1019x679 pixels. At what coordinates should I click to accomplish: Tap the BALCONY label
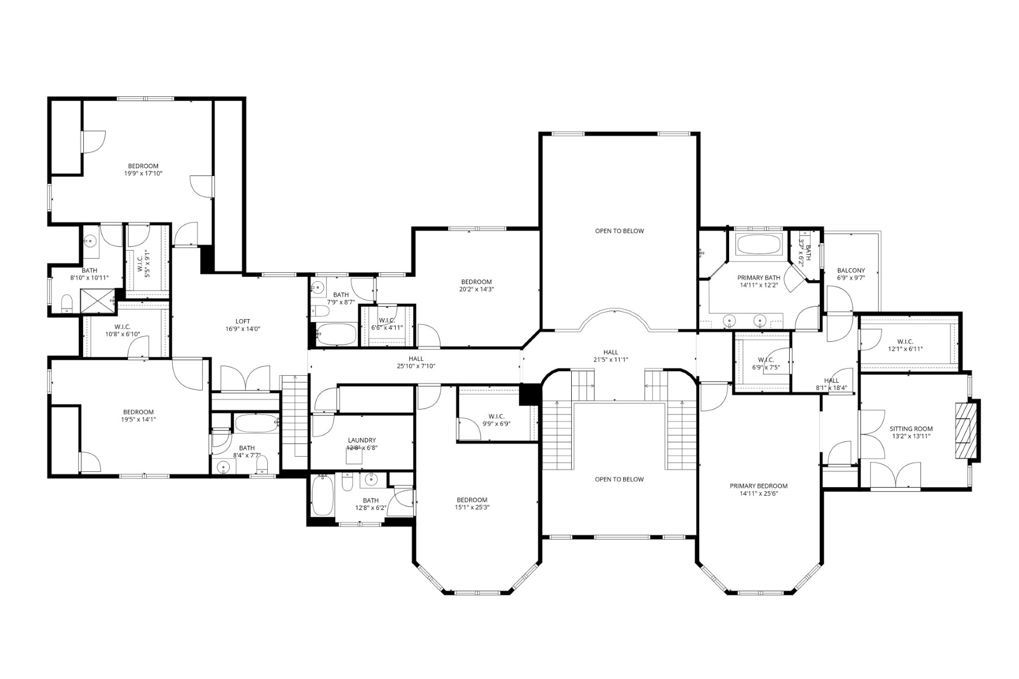(x=851, y=270)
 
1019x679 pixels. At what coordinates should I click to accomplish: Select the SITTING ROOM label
(x=911, y=429)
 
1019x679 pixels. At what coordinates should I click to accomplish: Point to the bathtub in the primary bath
(x=759, y=245)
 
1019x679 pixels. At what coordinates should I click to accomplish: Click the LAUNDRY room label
(x=362, y=440)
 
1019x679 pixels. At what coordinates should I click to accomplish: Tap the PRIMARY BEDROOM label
(x=759, y=486)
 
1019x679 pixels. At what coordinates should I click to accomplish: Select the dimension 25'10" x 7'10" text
(x=416, y=366)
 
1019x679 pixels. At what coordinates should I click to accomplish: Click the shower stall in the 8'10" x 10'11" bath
(x=97, y=301)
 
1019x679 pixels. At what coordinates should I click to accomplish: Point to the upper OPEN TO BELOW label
(x=619, y=231)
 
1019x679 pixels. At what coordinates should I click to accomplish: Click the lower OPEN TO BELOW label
(x=619, y=479)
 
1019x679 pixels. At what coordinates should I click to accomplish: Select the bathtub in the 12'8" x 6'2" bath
(x=323, y=496)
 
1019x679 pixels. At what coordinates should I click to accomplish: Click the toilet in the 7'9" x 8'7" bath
(x=320, y=312)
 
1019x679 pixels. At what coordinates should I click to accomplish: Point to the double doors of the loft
(x=245, y=379)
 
